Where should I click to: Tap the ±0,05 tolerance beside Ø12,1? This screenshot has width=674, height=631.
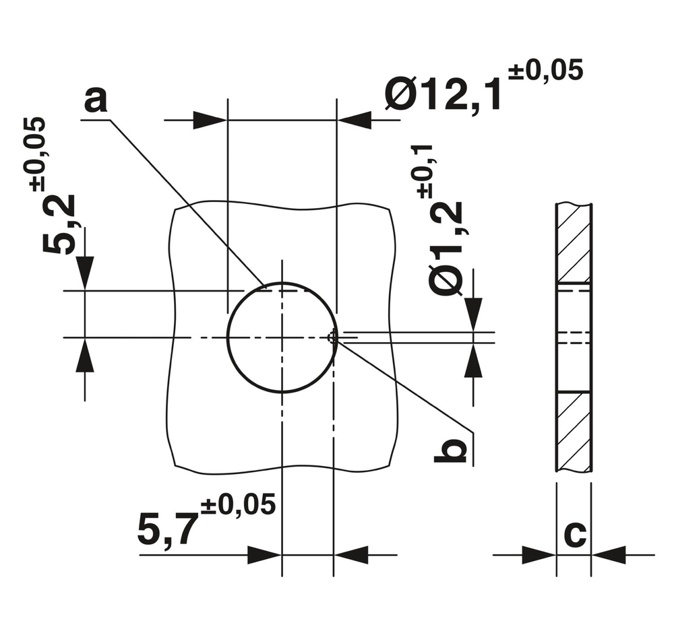point(545,71)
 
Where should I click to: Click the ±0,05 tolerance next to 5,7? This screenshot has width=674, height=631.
point(238,505)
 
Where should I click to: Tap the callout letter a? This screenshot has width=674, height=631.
point(96,100)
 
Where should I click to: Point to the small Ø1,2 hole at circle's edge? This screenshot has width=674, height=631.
point(332,338)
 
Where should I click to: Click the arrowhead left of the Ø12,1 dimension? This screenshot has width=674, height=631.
point(210,121)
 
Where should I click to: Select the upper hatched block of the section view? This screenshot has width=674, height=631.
point(574,242)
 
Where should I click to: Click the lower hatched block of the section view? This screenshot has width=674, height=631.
point(574,431)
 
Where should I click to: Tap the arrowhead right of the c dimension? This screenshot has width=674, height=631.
point(609,555)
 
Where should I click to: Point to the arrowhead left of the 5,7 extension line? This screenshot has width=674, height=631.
point(264,555)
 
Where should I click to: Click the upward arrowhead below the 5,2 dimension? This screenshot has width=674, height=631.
point(85,355)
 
